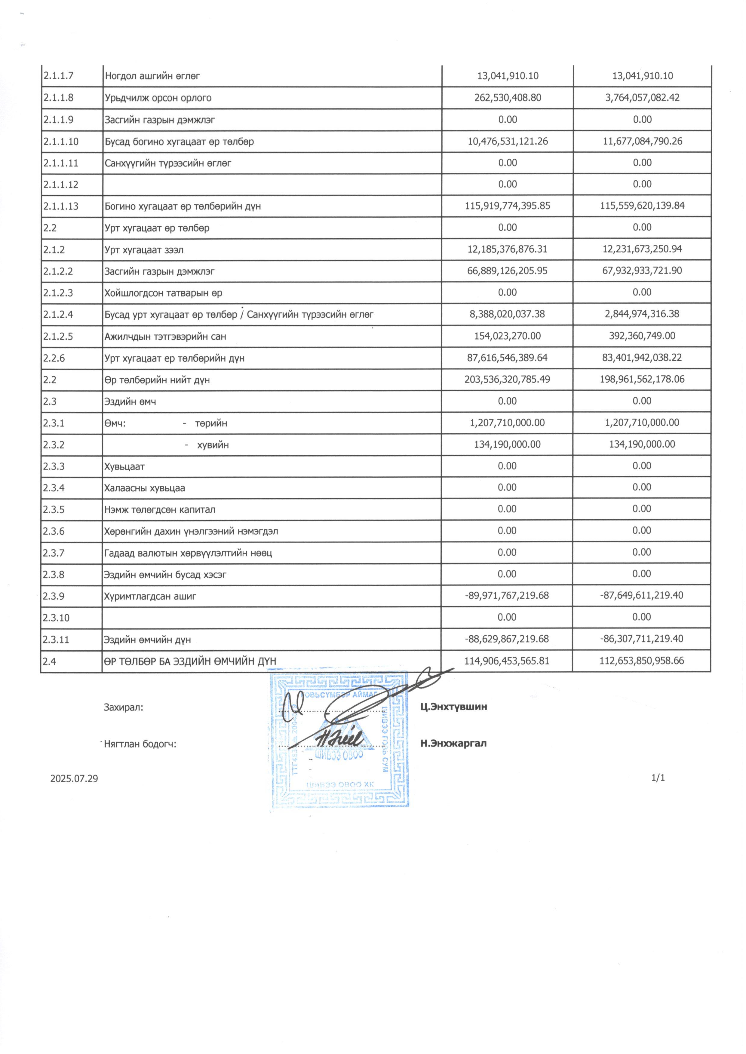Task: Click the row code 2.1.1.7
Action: click(58, 76)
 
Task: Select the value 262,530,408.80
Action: click(508, 98)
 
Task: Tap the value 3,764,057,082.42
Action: click(642, 98)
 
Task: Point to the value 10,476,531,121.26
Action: click(508, 141)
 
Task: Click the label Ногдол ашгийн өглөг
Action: click(152, 76)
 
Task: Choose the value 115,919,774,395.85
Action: click(508, 206)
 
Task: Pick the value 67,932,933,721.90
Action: click(642, 271)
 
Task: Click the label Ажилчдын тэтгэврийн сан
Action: click(165, 337)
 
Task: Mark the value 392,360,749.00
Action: click(642, 336)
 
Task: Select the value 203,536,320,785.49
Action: click(508, 380)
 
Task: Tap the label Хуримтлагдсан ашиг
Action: click(151, 596)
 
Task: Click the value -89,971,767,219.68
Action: click(507, 596)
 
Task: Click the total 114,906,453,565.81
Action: click(507, 661)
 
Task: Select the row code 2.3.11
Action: click(56, 640)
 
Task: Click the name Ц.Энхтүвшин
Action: click(454, 707)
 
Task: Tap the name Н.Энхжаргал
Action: click(453, 743)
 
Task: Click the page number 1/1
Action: click(658, 778)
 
